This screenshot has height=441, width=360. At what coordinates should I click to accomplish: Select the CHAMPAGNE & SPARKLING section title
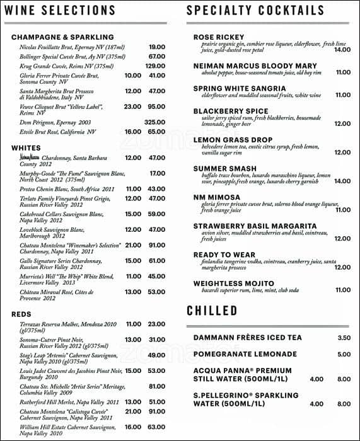(62, 37)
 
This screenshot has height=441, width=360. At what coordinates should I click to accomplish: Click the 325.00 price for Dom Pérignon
(154, 122)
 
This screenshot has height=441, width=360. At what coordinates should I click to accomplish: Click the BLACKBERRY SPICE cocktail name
(230, 111)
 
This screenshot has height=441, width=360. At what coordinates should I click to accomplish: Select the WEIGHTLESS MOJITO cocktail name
(233, 283)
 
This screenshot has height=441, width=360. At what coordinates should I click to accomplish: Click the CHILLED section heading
(212, 311)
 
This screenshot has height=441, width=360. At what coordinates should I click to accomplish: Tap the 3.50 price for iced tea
(344, 338)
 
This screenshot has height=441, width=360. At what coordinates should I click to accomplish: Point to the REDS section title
(21, 314)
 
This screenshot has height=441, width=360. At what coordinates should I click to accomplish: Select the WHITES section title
(26, 148)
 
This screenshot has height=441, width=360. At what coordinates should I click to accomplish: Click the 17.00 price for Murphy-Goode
(157, 173)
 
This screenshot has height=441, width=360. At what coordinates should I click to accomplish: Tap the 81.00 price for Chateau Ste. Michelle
(157, 386)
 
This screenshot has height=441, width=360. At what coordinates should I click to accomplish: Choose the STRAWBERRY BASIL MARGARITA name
(255, 226)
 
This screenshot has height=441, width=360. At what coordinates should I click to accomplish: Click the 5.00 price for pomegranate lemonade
(344, 355)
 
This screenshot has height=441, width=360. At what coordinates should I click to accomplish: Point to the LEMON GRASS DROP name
(232, 139)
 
